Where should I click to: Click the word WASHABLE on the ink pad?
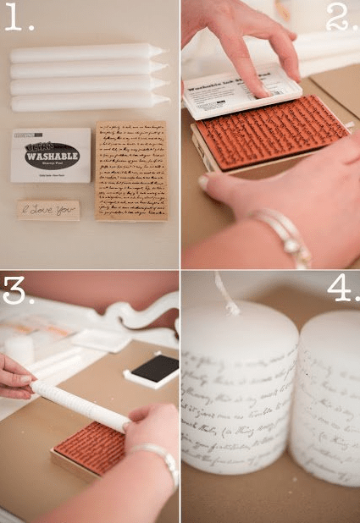click(x=51, y=156)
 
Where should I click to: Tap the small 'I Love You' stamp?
click(x=48, y=210)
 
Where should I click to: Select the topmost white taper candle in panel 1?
click(x=85, y=52)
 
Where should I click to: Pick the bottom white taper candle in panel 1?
click(x=85, y=102)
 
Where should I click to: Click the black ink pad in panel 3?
click(x=152, y=368)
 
